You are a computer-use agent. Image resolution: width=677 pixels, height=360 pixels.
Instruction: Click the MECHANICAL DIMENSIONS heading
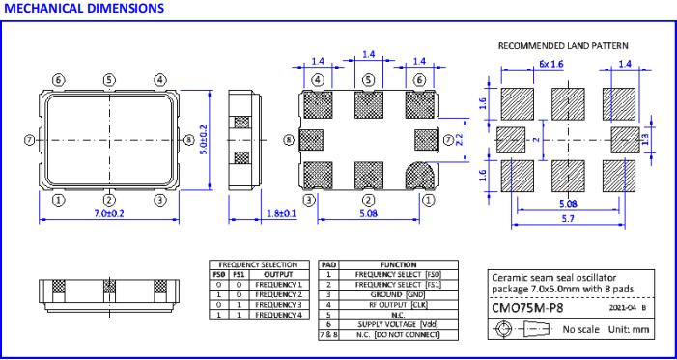click(84, 8)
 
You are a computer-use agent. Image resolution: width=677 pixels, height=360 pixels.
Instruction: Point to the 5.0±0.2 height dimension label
click(204, 140)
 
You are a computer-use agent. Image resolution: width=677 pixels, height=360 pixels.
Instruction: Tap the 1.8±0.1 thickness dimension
click(280, 213)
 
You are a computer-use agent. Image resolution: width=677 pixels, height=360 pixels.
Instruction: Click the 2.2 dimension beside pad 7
click(460, 140)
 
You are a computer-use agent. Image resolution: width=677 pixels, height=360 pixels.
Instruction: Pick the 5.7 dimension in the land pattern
click(568, 219)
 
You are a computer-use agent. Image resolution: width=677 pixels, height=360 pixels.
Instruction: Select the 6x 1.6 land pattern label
click(551, 65)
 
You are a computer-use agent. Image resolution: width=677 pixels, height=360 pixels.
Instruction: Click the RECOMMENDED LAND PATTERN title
click(563, 45)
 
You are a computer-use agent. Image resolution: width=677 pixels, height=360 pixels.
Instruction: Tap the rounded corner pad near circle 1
click(420, 176)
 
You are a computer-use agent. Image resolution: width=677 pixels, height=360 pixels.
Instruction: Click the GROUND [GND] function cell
click(398, 294)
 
